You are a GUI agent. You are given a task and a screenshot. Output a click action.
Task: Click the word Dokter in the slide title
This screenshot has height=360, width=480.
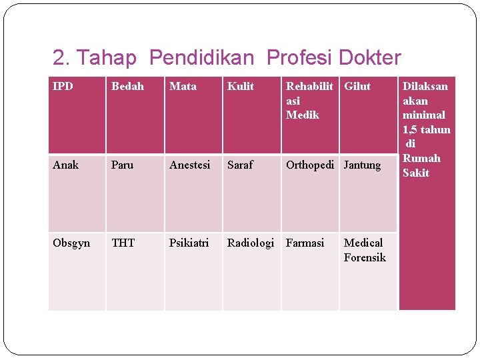[x=370, y=58]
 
